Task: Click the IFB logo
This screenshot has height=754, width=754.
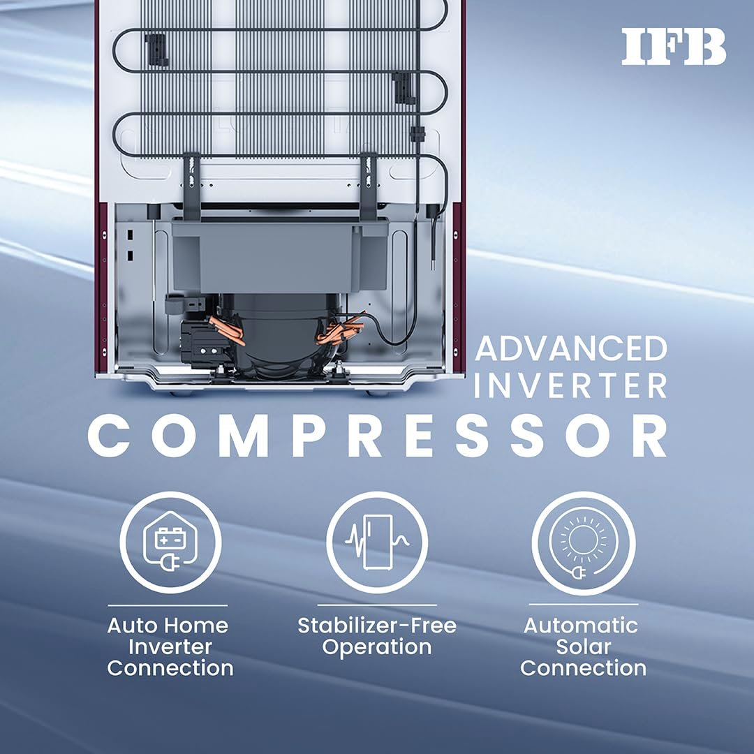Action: point(674,48)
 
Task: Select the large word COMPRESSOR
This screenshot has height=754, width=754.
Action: point(378,436)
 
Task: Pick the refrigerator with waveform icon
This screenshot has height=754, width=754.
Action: point(377,542)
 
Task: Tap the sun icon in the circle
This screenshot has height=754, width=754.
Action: point(583,540)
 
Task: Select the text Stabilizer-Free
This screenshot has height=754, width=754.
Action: point(377,625)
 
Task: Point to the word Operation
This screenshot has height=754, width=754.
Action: point(377,647)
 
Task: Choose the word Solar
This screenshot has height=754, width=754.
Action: point(583,646)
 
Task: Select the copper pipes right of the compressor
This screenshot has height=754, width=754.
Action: point(339,330)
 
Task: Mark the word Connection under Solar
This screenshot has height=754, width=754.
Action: point(583,668)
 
